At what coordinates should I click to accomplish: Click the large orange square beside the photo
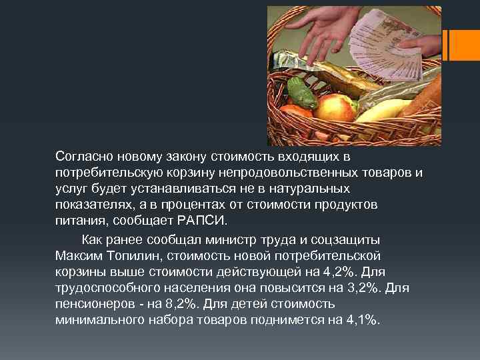point(465,44)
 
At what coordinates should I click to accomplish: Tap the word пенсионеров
point(94,304)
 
